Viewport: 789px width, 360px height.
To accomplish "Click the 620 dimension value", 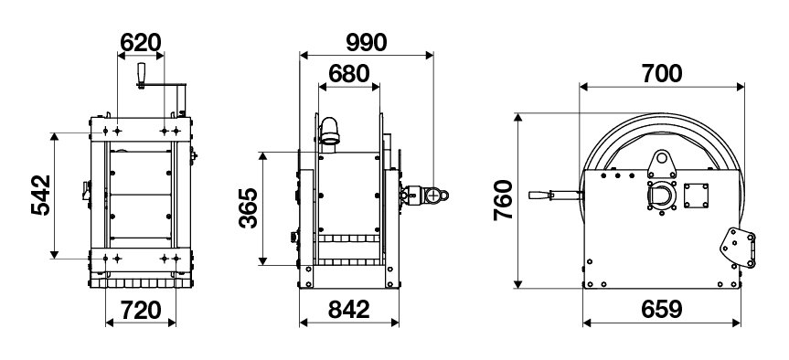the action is click(141, 43).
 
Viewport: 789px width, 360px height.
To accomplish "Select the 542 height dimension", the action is click(41, 196).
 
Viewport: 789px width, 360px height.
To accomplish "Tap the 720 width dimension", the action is click(141, 311).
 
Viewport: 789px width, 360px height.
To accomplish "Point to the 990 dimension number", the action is click(367, 43).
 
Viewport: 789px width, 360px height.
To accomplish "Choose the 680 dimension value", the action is click(348, 74).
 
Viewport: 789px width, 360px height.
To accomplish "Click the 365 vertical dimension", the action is click(249, 207).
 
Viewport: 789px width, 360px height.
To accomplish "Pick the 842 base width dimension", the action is click(348, 310).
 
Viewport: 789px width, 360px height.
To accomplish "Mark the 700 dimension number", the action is click(662, 74).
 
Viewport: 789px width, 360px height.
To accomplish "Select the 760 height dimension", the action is click(503, 200).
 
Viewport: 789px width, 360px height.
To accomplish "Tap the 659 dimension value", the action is click(662, 310).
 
